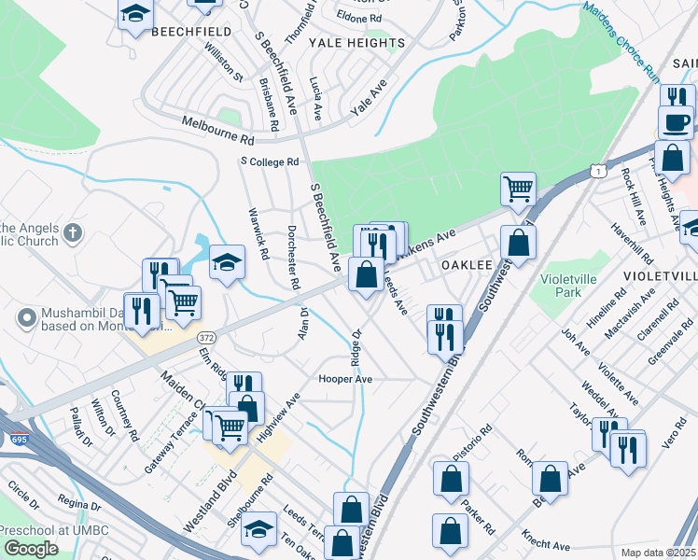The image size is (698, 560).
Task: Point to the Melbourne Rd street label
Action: pos(218,131)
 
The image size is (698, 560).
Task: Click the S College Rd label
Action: pos(270,161)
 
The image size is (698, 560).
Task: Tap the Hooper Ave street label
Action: pos(345,380)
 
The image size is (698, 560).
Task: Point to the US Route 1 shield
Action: pos(597,169)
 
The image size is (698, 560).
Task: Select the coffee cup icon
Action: pos(676,122)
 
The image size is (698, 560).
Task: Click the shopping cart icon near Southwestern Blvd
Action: pos(518,190)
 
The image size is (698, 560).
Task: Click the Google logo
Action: pos(31,549)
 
